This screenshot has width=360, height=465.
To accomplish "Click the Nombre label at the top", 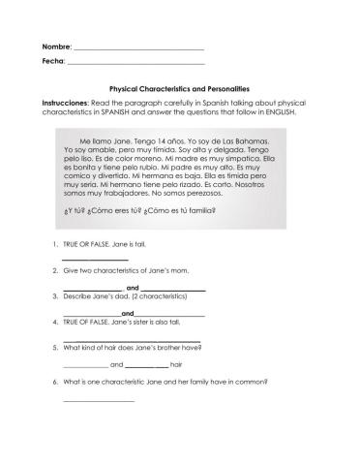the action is point(56,46).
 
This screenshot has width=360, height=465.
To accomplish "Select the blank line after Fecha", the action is point(135,64).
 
